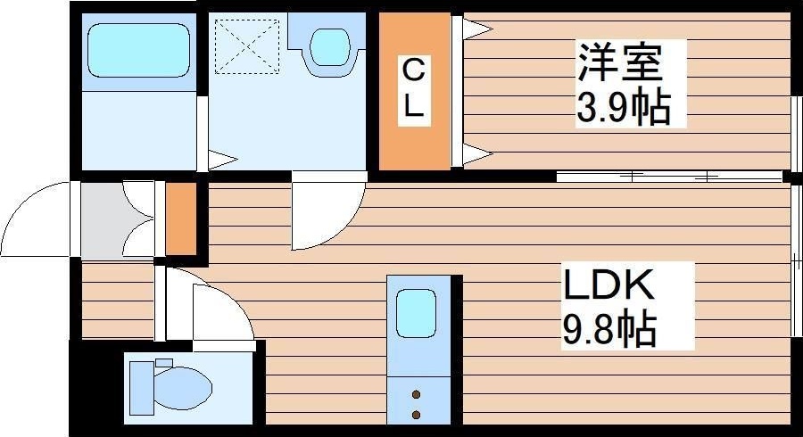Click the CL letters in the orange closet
[412, 89]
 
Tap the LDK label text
[608, 285]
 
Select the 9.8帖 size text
[609, 330]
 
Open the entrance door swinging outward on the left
[36, 218]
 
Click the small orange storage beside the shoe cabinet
[179, 219]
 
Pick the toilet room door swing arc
[219, 308]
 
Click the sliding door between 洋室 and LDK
[669, 176]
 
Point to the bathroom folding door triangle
[221, 161]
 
